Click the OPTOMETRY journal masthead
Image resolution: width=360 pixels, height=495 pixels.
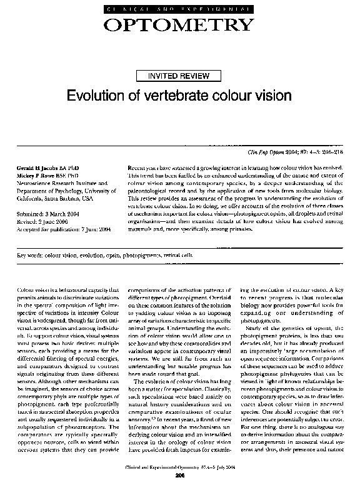click(x=179, y=24)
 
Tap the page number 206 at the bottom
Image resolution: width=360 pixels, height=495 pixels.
click(x=179, y=476)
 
